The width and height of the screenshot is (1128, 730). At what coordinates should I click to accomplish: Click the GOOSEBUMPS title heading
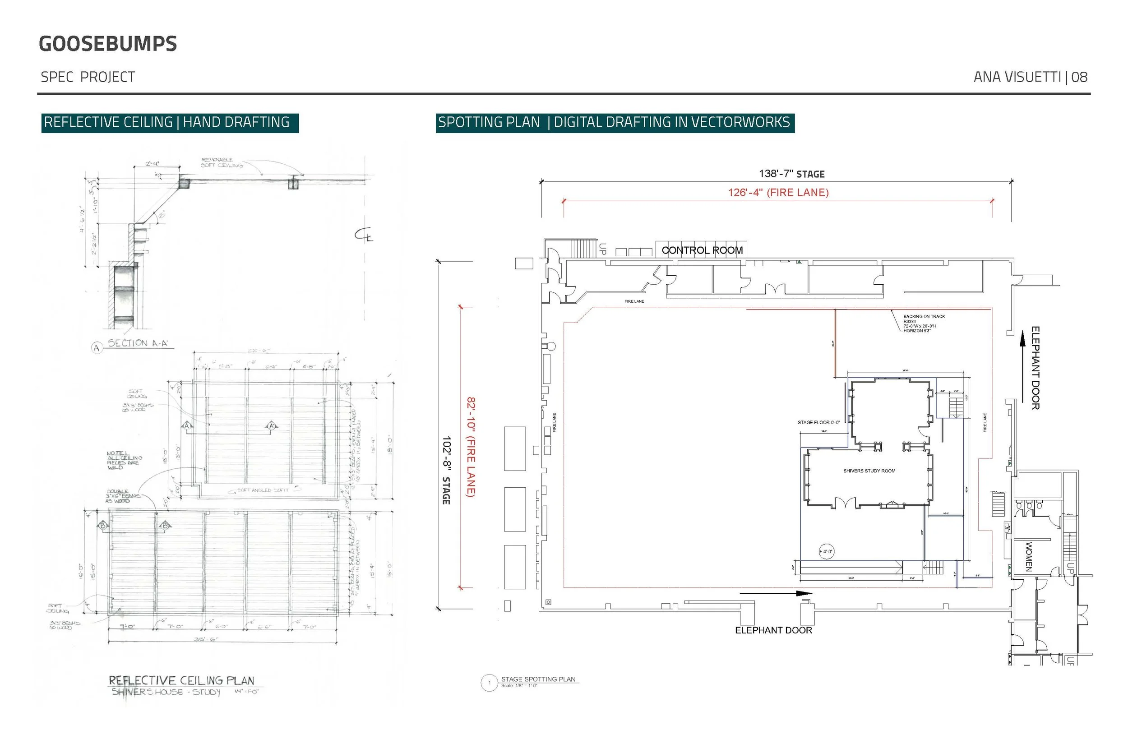107,44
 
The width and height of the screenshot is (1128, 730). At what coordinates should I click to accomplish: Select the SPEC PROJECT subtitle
88,77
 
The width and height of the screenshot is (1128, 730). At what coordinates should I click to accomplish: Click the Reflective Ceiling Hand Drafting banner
170,123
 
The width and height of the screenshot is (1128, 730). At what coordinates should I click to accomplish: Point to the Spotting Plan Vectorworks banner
615,123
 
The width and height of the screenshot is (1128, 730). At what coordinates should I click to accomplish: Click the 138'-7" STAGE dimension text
791,174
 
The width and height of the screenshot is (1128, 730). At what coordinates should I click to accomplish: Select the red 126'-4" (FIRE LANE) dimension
778,193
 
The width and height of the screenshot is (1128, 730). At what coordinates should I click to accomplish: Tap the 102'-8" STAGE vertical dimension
446,470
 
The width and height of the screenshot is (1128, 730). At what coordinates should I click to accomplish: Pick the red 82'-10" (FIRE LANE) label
471,447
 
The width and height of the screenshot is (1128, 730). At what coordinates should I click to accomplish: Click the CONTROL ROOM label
702,250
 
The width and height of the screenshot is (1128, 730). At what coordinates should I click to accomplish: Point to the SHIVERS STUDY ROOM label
869,471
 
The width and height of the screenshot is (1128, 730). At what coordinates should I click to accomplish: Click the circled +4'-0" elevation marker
826,551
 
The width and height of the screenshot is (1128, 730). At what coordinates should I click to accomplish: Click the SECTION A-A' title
138,343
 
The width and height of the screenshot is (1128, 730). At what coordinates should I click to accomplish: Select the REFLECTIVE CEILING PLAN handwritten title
181,681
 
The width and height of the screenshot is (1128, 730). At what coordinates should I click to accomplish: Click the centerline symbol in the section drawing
364,235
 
